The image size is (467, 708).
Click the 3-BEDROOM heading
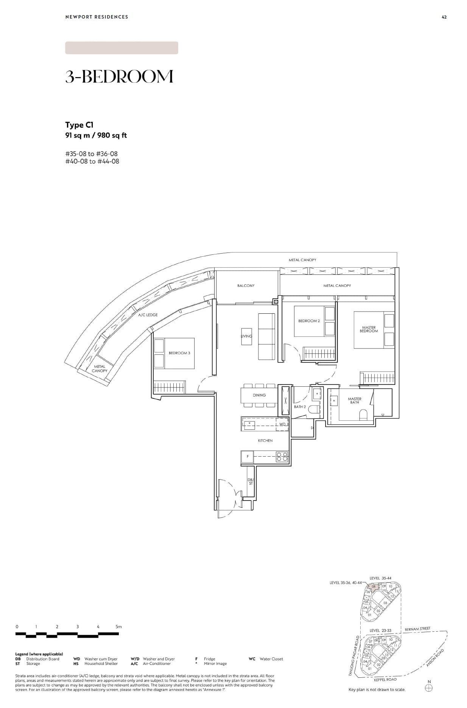(x=119, y=76)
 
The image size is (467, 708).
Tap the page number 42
(x=444, y=17)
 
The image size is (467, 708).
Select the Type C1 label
(x=79, y=125)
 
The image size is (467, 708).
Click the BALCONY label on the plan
(x=246, y=286)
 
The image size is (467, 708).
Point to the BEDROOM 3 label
(x=179, y=353)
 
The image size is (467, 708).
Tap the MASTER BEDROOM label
(x=369, y=329)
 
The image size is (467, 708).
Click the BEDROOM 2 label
(x=309, y=321)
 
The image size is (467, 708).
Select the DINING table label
(x=259, y=395)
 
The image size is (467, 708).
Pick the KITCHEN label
(x=265, y=441)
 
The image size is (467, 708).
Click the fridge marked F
(x=248, y=457)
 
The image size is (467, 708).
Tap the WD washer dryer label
(x=282, y=424)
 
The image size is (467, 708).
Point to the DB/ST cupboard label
(x=251, y=482)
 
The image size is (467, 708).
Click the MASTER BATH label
(x=355, y=401)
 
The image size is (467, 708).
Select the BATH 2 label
(x=300, y=407)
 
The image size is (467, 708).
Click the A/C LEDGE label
(x=148, y=315)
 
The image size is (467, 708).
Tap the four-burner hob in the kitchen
(x=282, y=457)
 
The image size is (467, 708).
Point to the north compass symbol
(x=429, y=688)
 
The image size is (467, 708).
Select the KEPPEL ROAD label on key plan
(x=385, y=680)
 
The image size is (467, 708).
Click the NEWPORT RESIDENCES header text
(x=97, y=17)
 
